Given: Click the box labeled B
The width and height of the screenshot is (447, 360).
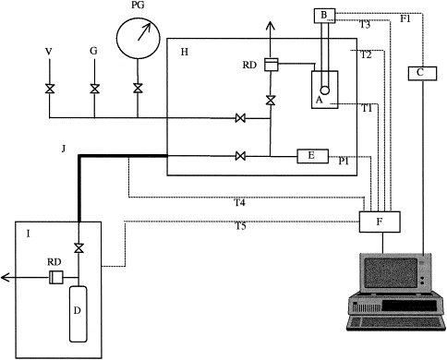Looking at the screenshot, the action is pyautogui.click(x=324, y=16).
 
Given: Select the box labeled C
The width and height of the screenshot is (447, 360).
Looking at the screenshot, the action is pyautogui.click(x=422, y=74).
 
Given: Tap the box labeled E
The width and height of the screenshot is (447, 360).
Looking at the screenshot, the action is pyautogui.click(x=312, y=156).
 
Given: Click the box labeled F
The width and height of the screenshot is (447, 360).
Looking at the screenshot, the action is pyautogui.click(x=380, y=222).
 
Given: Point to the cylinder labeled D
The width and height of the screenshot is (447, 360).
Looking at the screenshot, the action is pyautogui.click(x=78, y=314).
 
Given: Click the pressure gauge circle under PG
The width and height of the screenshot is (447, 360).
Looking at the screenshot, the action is pyautogui.click(x=139, y=39).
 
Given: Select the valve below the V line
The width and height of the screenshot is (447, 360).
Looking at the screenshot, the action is pyautogui.click(x=49, y=90).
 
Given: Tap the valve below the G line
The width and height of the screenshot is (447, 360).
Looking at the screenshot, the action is pyautogui.click(x=94, y=89).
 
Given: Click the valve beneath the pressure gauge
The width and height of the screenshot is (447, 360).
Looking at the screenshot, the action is pyautogui.click(x=138, y=89).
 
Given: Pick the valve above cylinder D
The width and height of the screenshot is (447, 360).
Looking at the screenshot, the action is pyautogui.click(x=79, y=247).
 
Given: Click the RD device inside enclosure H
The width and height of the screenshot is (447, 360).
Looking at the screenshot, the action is pyautogui.click(x=272, y=65).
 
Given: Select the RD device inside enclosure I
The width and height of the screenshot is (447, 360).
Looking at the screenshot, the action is pyautogui.click(x=56, y=278).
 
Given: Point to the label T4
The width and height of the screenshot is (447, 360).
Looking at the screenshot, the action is pyautogui.click(x=239, y=203).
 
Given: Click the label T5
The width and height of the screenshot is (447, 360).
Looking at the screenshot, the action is pyautogui.click(x=241, y=226).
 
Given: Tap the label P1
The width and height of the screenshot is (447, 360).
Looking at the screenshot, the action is pyautogui.click(x=344, y=161).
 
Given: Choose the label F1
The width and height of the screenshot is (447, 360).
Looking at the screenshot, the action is pyautogui.click(x=405, y=18).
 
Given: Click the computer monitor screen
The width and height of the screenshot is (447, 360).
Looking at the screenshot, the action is pyautogui.click(x=391, y=273).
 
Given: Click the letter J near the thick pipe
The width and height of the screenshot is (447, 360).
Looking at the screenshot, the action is pyautogui.click(x=64, y=149).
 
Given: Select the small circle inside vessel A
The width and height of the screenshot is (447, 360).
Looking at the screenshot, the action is pyautogui.click(x=325, y=90).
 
